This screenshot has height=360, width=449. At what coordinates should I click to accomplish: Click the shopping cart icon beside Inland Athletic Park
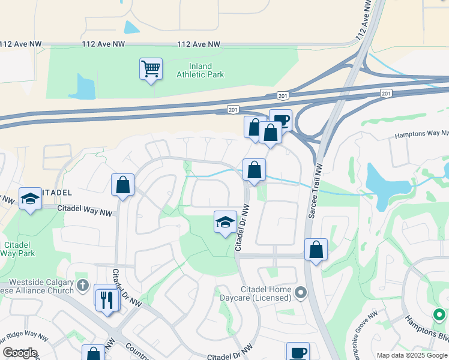(151, 69)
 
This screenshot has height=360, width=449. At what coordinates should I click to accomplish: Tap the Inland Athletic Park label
(200, 70)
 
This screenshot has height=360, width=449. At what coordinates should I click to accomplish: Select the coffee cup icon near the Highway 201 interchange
(280, 121)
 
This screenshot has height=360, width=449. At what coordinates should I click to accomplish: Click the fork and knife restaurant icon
(107, 299)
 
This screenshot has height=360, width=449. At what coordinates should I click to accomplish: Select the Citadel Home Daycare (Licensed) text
(266, 293)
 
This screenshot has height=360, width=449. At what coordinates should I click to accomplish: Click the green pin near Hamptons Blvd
(439, 314)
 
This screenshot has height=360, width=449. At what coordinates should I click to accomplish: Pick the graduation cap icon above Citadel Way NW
(29, 199)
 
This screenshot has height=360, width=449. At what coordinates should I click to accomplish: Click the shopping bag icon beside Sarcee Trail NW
(316, 249)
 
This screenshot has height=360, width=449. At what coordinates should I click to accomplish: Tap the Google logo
(20, 353)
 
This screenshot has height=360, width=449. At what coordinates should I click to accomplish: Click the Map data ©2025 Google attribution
(412, 355)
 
